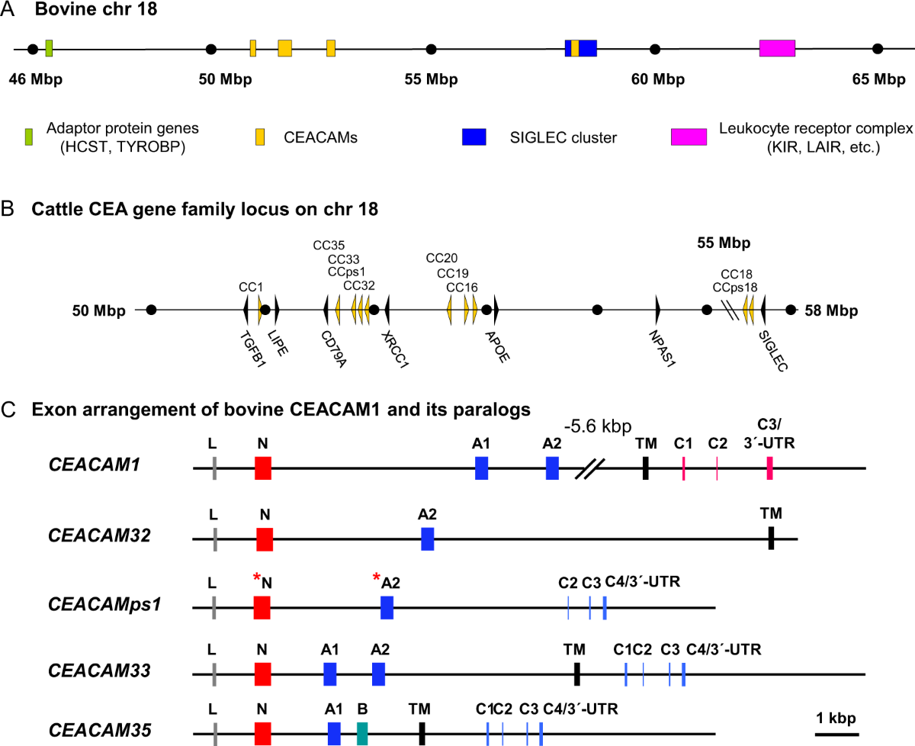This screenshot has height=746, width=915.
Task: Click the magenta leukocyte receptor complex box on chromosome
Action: pos(777,49)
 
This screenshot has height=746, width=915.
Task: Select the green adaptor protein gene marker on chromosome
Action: pos(49,49)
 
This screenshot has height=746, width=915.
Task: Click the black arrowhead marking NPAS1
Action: pos(657,310)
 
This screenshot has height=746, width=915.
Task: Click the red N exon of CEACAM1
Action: pos(263,468)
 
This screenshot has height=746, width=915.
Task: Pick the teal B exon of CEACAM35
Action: pos(362,733)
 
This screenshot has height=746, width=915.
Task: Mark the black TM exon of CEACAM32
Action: pos(772,538)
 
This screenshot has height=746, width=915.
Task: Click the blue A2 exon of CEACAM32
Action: pos(427,538)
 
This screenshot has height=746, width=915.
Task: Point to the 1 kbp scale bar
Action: pos(836,735)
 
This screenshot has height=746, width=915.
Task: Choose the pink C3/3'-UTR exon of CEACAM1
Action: pos(770,468)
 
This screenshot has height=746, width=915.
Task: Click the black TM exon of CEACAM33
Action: pos(577,674)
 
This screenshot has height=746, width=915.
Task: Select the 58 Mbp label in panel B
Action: pos(831,310)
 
